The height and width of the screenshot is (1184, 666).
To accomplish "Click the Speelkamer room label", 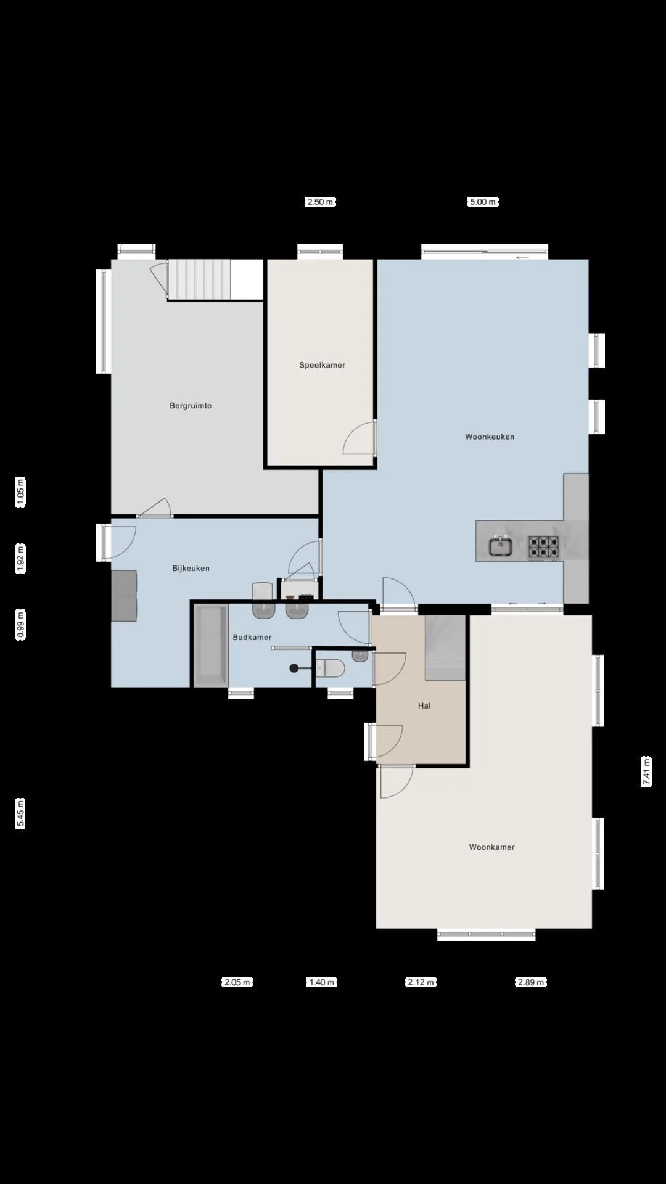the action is tap(322, 365).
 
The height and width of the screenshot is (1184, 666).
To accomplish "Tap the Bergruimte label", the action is tap(191, 406).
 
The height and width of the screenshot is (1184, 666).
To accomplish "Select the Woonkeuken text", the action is tap(490, 437).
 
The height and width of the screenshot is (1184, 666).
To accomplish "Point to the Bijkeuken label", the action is tap(191, 569).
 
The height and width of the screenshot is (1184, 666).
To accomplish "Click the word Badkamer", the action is tap(252, 637).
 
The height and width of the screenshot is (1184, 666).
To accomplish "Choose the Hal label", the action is tap(424, 705).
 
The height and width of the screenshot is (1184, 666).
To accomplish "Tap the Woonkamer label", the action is tap(491, 847).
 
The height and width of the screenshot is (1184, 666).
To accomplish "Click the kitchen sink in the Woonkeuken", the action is tap(501, 546).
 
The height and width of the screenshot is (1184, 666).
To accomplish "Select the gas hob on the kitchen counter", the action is tap(543, 546).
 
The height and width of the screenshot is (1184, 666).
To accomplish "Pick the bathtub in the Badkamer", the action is tap(211, 645).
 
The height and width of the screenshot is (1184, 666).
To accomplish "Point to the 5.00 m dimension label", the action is tap(483, 202).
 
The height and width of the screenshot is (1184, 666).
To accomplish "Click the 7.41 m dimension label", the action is tap(646, 771).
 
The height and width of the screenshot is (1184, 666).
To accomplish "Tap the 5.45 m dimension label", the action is tap(20, 813).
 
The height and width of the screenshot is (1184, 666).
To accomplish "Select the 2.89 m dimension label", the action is tap(531, 982).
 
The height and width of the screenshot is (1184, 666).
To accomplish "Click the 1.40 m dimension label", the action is tap(322, 982).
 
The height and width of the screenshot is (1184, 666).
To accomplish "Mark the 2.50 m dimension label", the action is tap(321, 202).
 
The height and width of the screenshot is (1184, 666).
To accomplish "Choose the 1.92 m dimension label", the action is tap(20, 559).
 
